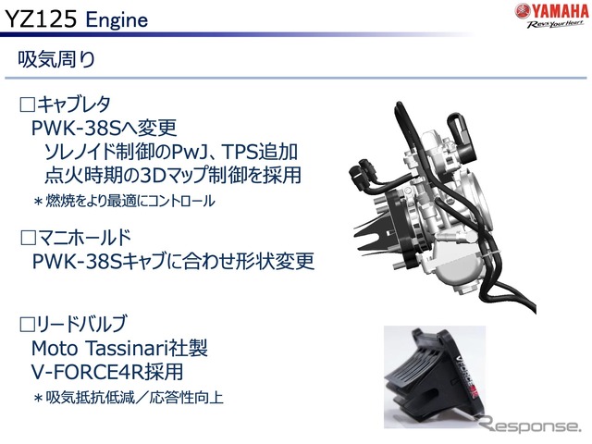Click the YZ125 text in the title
(x=40, y=18)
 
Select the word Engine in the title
(x=117, y=20)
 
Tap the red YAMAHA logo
(x=551, y=11)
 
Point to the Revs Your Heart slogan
(x=555, y=24)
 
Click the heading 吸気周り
(x=56, y=59)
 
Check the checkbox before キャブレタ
(x=27, y=105)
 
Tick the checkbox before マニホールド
(x=28, y=238)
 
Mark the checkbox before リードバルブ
(x=27, y=324)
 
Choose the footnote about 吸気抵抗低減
(x=129, y=398)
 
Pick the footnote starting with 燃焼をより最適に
(x=124, y=201)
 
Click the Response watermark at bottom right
(x=530, y=425)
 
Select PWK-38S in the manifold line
(x=78, y=261)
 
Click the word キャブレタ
(x=74, y=105)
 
